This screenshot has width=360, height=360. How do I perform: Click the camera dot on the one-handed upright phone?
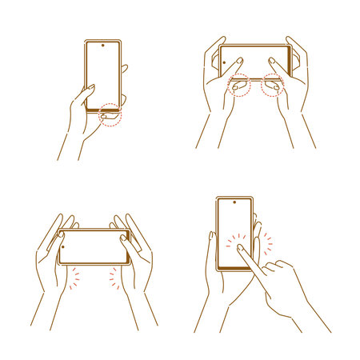coord(103,46)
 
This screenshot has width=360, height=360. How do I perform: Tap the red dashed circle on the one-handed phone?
coord(111,117)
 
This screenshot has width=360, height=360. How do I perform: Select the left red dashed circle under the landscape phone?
coord(239,86)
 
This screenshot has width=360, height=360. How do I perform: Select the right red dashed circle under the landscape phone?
coord(273,85)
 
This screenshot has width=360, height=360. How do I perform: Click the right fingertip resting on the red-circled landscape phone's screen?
coord(272,60)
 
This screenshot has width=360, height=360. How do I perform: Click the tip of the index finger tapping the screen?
coord(240,249)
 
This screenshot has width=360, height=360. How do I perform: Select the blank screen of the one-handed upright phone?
coord(103,72)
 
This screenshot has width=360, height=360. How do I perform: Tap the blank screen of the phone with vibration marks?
coord(94,246)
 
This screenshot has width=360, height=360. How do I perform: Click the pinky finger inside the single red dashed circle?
coord(109,118)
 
